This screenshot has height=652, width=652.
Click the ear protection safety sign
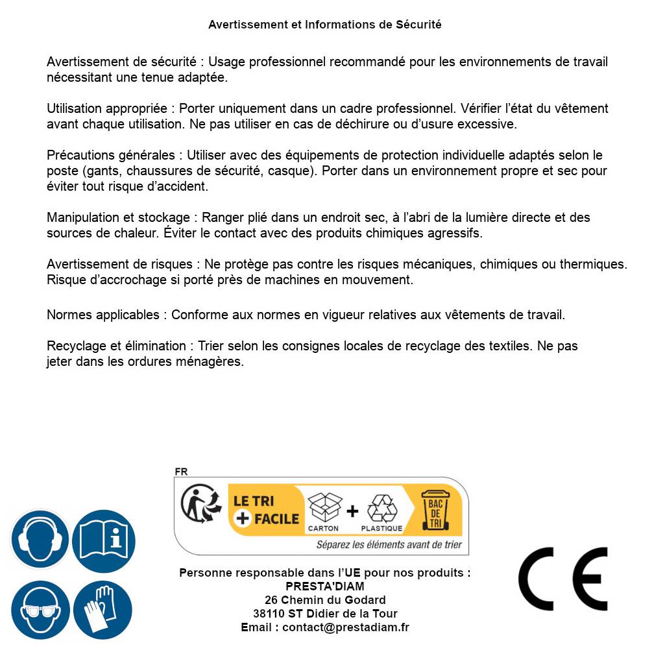tap(40, 540)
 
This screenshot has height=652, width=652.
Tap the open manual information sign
tap(104, 540)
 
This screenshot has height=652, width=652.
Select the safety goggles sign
tap(40, 610)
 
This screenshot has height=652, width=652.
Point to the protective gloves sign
tap(104, 610)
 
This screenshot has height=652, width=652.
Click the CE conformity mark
tap(563, 579)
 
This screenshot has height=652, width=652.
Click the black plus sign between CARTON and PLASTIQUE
tap(352, 511)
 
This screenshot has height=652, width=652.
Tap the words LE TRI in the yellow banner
tap(254, 501)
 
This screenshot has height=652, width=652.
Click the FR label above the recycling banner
tap(181, 472)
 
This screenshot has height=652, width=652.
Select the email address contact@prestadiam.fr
tap(346, 627)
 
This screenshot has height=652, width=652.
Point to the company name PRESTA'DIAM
tap(325, 586)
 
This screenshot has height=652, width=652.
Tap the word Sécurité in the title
tap(418, 25)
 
